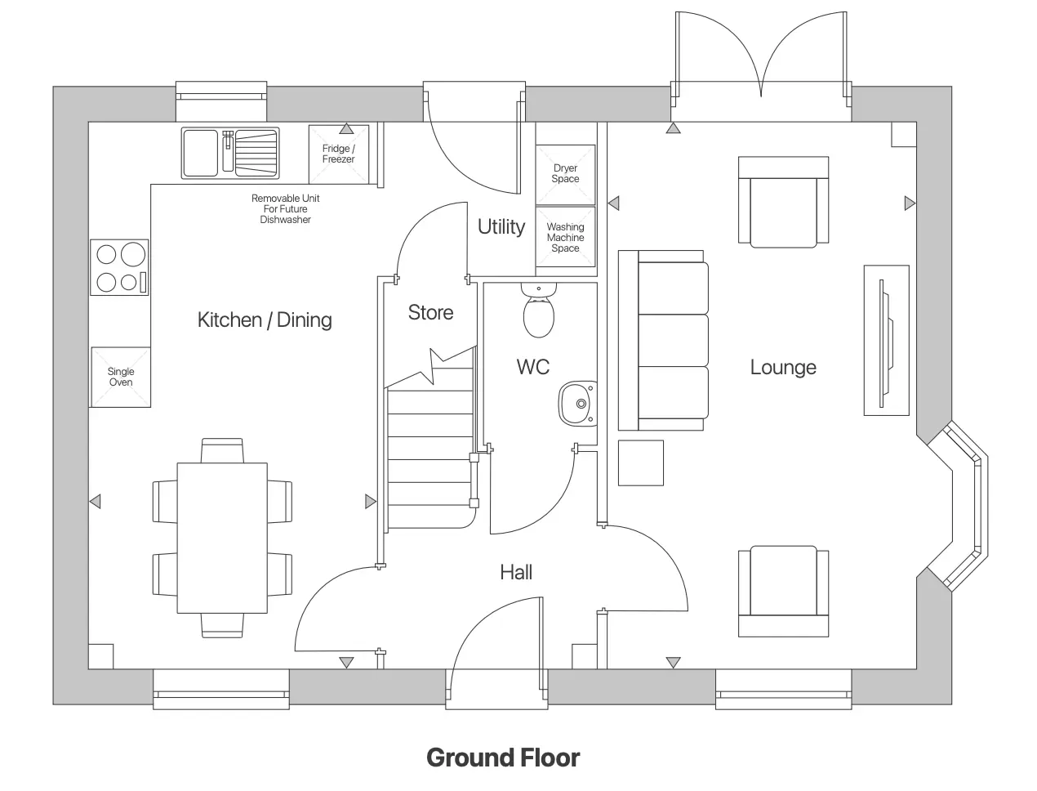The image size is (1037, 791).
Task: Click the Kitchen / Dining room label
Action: coord(265,320)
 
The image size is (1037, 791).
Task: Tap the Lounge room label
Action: coord(783,368)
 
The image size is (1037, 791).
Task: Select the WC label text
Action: coord(532,367)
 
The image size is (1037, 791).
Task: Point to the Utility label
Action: coord(501,226)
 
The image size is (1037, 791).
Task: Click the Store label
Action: coord(430,312)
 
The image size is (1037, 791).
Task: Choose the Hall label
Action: coord(516,572)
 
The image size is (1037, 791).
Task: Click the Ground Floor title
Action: coord(503,757)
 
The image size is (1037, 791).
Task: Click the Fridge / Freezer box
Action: coord(338,154)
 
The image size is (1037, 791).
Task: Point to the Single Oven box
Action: coord(121,377)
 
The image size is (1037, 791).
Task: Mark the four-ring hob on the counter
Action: coord(119,267)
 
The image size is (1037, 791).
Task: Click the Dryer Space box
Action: coord(565,174)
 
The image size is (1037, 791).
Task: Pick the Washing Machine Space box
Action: coord(565,238)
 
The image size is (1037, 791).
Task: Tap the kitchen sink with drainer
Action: coord(230,153)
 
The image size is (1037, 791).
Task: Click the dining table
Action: coord(222,537)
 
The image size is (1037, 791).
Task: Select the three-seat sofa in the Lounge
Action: coord(663,340)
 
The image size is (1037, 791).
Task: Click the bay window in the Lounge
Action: coord(964,506)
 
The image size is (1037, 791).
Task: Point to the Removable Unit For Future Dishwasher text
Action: coord(285,209)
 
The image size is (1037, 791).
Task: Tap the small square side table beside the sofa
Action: coord(640,463)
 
